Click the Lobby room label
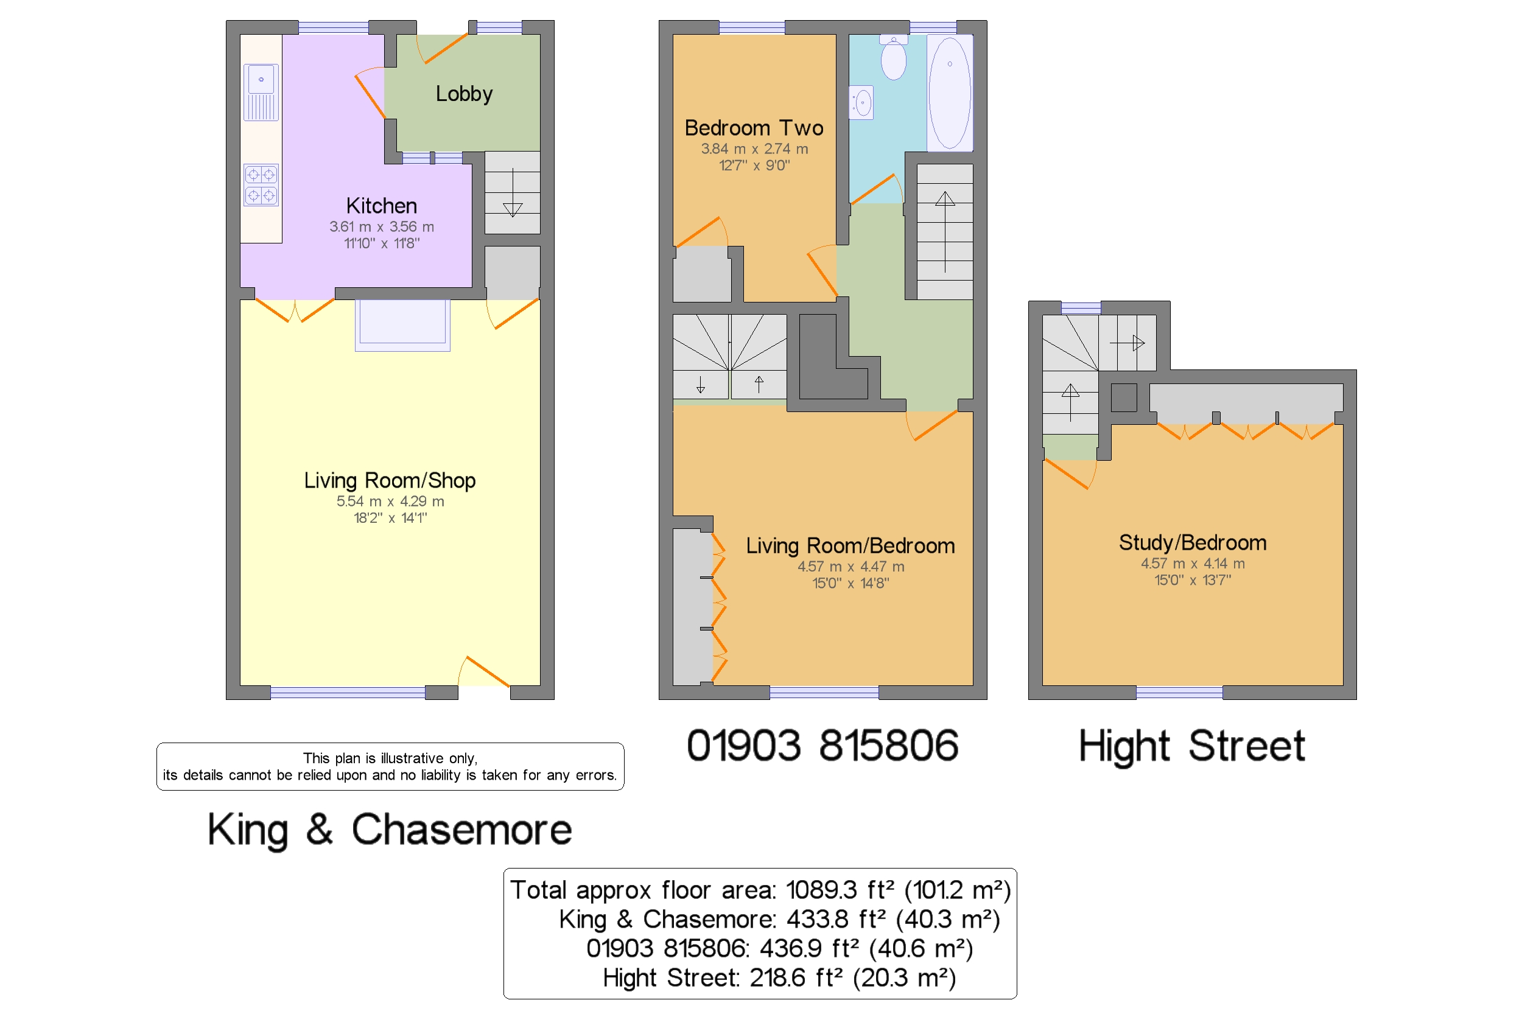pyautogui.click(x=464, y=94)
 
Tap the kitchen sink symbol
pyautogui.click(x=261, y=92)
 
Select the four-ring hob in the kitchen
pyautogui.click(x=261, y=185)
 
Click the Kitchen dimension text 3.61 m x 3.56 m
pyautogui.click(x=381, y=227)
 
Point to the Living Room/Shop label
pyautogui.click(x=390, y=480)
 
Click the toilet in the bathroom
pyautogui.click(x=893, y=58)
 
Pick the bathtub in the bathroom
pyautogui.click(x=950, y=93)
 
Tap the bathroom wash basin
pyautogui.click(x=861, y=103)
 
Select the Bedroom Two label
pyautogui.click(x=754, y=128)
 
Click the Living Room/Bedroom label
pyautogui.click(x=850, y=546)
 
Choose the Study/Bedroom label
pyautogui.click(x=1192, y=542)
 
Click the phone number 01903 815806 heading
pyautogui.click(x=822, y=746)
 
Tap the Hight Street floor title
pyautogui.click(x=1191, y=747)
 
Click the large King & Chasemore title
pyautogui.click(x=390, y=830)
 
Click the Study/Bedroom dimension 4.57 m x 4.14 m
pyautogui.click(x=1192, y=564)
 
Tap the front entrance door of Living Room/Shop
pyautogui.click(x=484, y=672)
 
